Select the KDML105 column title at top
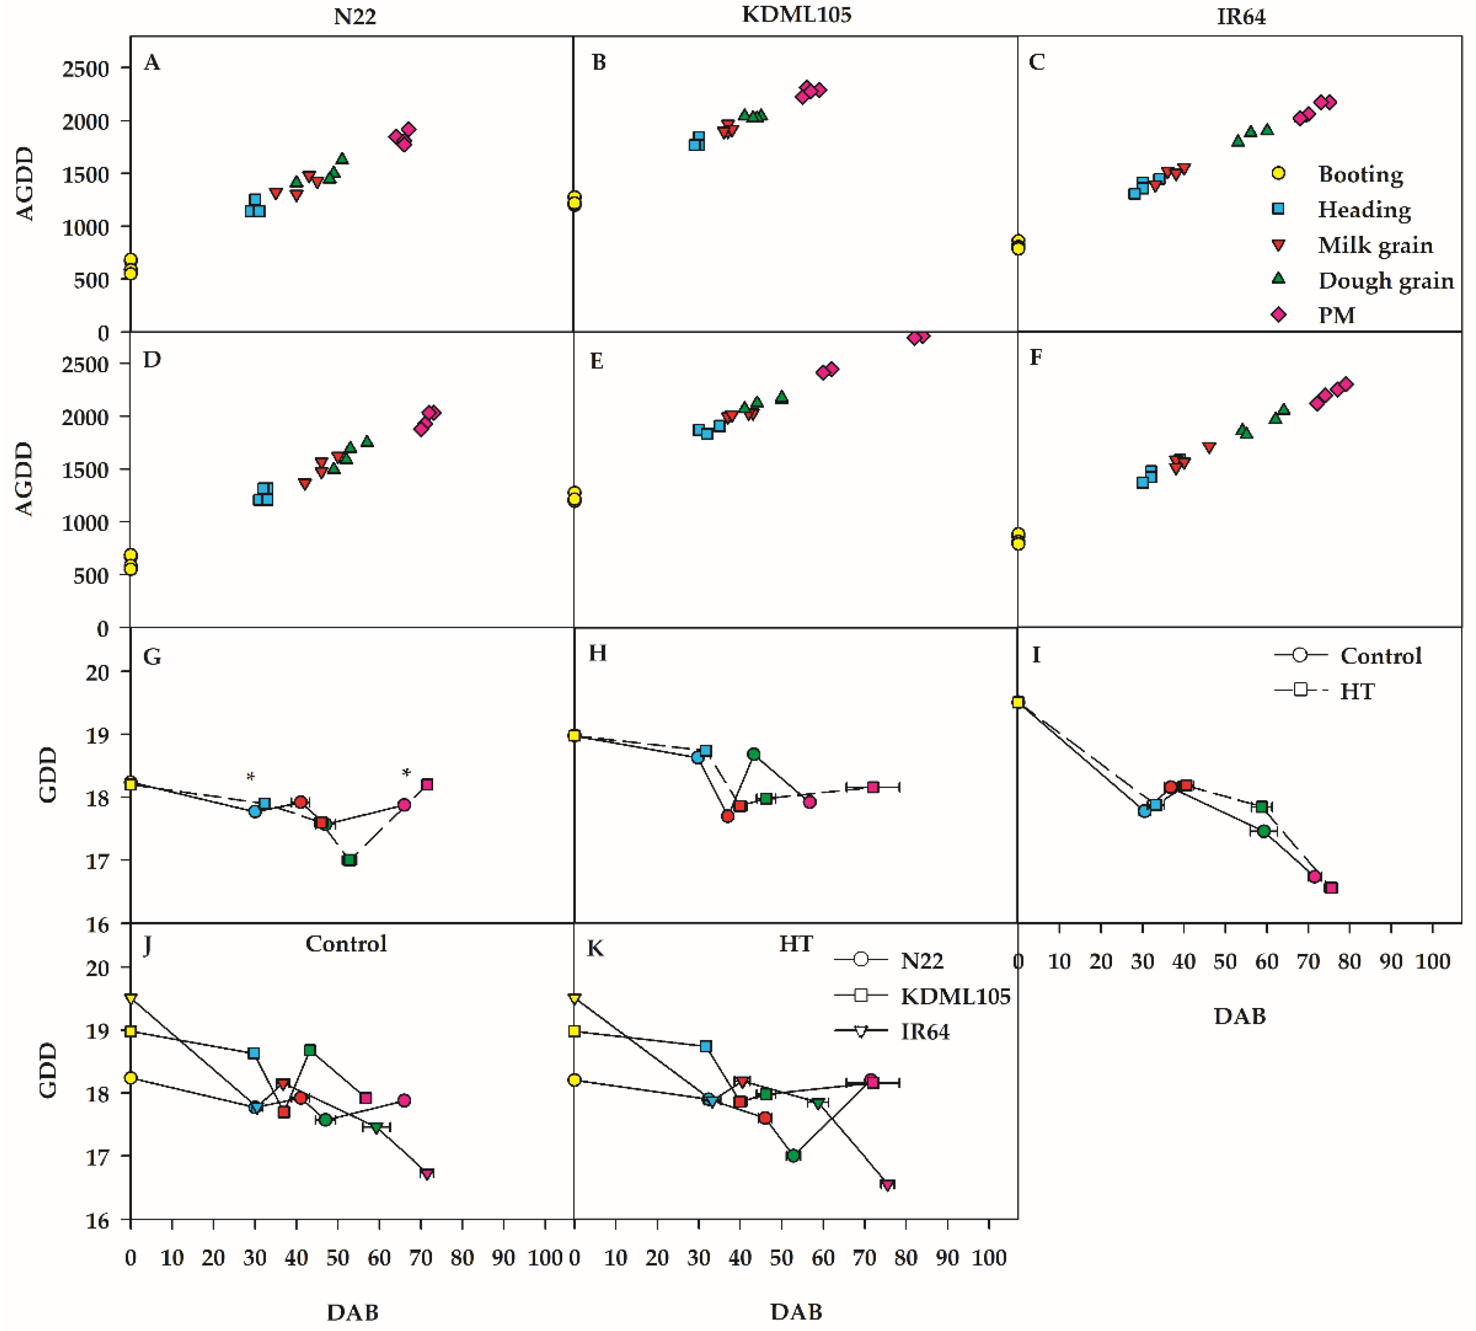click(x=796, y=14)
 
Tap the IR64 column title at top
click(x=1241, y=16)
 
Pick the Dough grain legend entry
click(x=1385, y=281)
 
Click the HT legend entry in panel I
click(x=1356, y=691)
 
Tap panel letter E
click(x=597, y=361)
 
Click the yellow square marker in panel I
click(x=1018, y=702)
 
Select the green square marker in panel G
click(x=350, y=860)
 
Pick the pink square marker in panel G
click(x=427, y=784)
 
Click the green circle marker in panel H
click(x=753, y=754)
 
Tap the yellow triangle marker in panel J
click(x=131, y=999)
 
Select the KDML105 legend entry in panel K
click(x=955, y=996)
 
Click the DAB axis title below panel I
click(x=1239, y=1016)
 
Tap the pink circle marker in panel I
click(x=1314, y=876)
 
